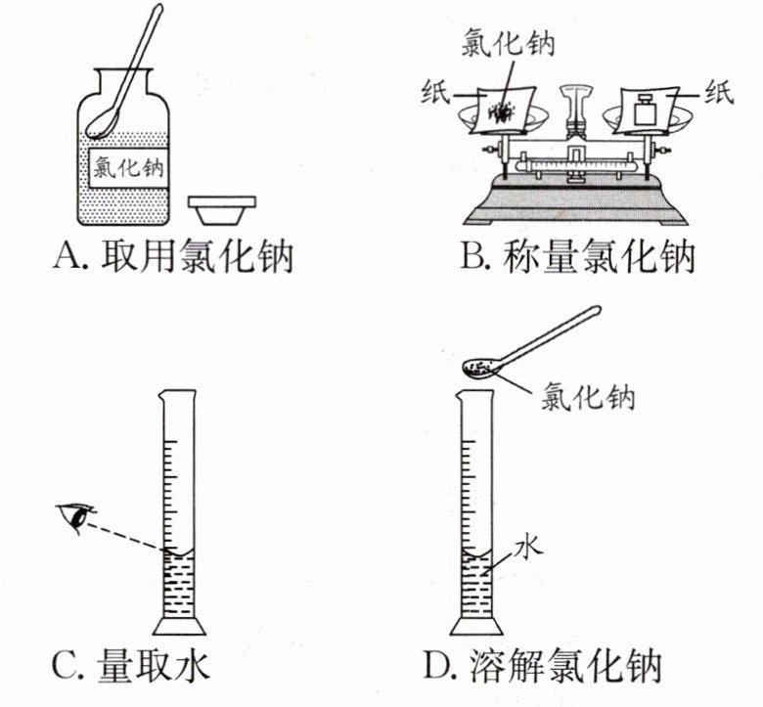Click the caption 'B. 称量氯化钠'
[577, 257]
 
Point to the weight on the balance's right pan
[645, 109]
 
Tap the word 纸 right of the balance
[720, 95]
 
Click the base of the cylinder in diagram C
[179, 626]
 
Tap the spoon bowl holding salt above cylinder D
[481, 368]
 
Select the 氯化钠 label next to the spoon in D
[589, 398]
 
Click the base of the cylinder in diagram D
[476, 626]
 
